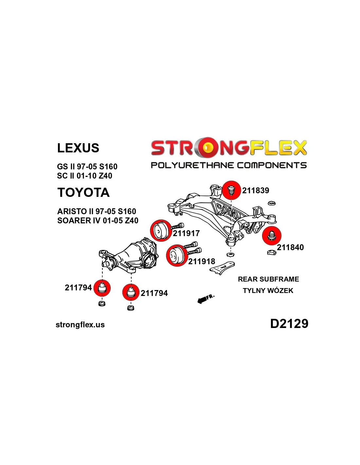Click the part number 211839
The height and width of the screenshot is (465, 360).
(x=255, y=190)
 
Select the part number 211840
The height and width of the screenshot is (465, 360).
(x=290, y=247)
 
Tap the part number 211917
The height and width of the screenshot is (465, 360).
(x=186, y=233)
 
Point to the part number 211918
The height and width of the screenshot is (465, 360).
(x=202, y=261)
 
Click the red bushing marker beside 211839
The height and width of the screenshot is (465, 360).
(x=231, y=190)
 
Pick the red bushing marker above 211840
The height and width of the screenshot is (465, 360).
(x=272, y=235)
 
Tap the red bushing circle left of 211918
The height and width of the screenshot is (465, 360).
(x=176, y=255)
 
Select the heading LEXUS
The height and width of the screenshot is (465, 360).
(x=78, y=148)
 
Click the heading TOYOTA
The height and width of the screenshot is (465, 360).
(x=83, y=192)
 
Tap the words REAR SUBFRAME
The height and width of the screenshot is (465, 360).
(x=268, y=279)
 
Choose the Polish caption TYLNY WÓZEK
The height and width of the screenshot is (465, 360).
(x=268, y=290)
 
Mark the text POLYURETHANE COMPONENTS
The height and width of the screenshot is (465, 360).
(x=229, y=165)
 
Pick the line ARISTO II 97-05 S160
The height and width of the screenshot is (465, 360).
(x=97, y=212)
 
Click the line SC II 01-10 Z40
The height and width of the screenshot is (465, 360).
(x=84, y=176)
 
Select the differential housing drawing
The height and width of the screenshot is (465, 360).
(x=129, y=255)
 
